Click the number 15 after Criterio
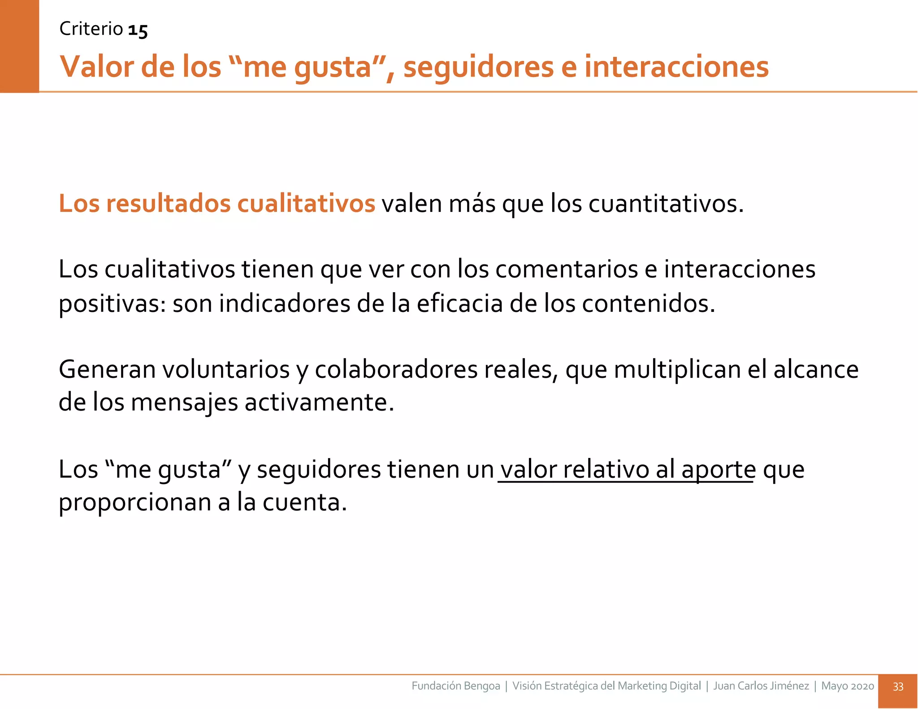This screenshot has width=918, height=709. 138,30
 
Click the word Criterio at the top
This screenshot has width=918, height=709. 91,29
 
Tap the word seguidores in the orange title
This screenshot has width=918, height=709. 478,67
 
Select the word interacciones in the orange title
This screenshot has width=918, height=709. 676,67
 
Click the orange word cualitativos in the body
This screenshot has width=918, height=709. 306,203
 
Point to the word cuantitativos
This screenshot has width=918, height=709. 665,204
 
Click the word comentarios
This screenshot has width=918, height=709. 566,269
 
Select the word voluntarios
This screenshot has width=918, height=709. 225,370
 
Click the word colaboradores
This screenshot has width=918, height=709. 396,370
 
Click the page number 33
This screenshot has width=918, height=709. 898,687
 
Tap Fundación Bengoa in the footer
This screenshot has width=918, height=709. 455,686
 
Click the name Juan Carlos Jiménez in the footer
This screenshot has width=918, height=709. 761,686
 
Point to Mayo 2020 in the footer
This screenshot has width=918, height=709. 847,686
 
